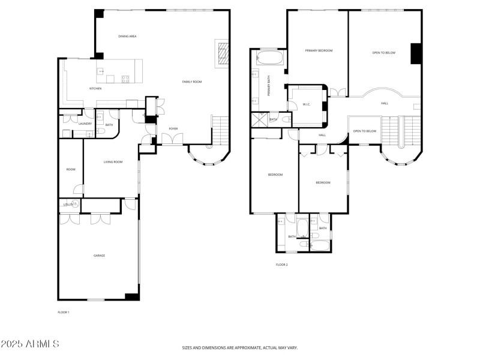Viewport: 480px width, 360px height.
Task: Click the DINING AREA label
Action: point(127,37)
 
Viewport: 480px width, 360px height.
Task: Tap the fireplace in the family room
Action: point(222,53)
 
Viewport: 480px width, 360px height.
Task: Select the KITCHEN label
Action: point(95,89)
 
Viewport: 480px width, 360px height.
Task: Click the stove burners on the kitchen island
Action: point(125,78)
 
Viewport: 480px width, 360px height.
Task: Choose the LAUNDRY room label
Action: point(85,124)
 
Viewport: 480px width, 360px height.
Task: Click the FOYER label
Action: point(173,129)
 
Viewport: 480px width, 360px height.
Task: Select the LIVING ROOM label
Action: point(113,162)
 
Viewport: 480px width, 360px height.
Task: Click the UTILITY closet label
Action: point(68,205)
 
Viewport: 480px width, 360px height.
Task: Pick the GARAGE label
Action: point(99,256)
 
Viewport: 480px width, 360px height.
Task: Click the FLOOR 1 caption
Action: point(64,312)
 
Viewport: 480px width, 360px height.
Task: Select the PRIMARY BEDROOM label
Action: point(319,51)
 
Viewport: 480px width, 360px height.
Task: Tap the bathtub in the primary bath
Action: point(269,59)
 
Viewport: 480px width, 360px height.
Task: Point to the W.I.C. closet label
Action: point(306,104)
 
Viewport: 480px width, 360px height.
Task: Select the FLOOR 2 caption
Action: point(281,265)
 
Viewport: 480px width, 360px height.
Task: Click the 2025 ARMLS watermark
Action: point(29,344)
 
